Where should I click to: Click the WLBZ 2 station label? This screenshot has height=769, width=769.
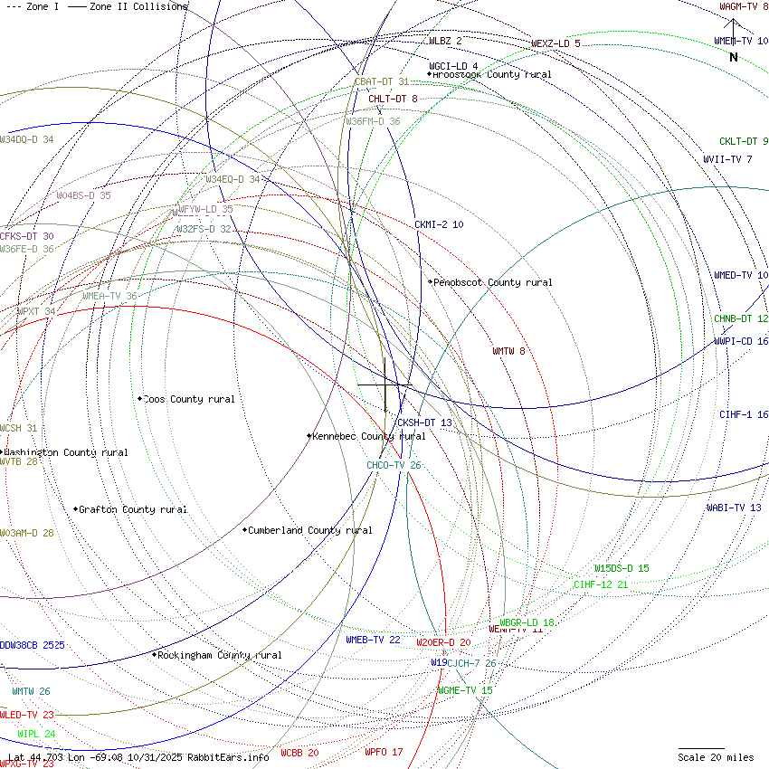point(445,41)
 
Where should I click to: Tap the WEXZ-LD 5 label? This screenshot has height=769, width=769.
point(555,43)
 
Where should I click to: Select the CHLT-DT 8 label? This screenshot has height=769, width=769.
point(393,99)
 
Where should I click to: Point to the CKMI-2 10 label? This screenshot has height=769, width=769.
point(439,224)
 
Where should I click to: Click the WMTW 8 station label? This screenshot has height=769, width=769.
point(508,351)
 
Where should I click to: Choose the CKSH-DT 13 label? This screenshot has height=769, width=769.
point(424,422)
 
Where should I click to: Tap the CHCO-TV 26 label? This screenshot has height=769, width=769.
point(394,465)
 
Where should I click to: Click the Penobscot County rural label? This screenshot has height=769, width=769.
point(492,282)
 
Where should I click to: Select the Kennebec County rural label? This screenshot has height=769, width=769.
point(368,436)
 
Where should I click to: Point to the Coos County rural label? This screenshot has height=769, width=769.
point(189,399)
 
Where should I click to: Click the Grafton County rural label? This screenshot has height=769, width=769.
point(133,509)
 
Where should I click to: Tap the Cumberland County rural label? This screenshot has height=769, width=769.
point(309,530)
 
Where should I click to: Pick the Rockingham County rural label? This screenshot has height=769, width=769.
point(219,655)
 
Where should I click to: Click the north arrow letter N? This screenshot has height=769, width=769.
point(734,57)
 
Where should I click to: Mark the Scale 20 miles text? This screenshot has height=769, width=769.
point(716,757)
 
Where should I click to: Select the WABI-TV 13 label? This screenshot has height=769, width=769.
point(734,508)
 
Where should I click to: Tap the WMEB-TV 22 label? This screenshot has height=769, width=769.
point(373,640)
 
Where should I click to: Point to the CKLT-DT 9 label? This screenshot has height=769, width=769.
point(744,141)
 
